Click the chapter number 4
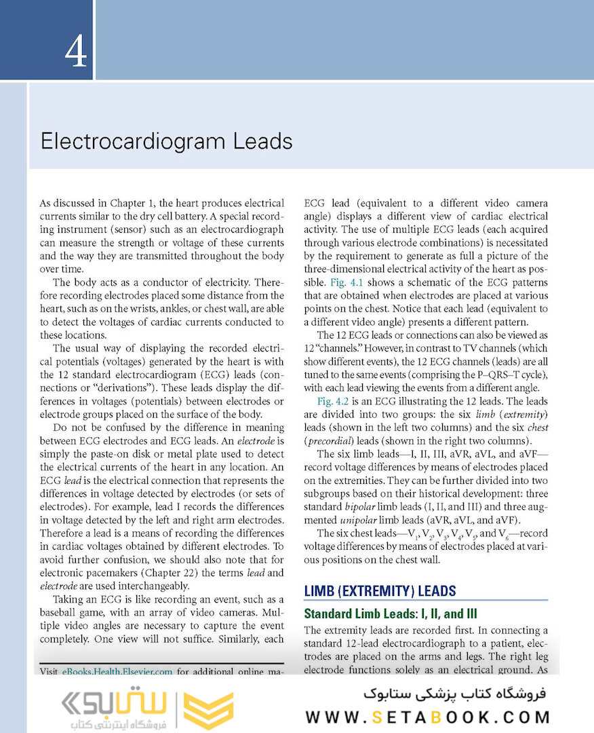76,52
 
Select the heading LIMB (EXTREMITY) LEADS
380,590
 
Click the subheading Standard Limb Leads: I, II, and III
391,614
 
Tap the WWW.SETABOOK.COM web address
427,717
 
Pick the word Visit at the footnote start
49,673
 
